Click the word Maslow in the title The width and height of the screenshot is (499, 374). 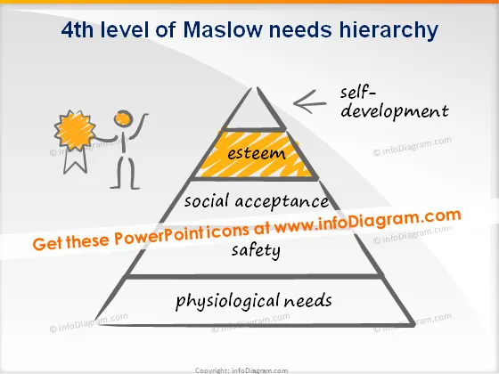click(223, 29)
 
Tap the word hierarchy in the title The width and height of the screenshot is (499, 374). click(389, 31)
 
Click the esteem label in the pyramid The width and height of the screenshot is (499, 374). click(257, 153)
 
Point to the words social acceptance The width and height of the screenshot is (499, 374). click(257, 201)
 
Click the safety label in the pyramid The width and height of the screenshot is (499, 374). click(257, 251)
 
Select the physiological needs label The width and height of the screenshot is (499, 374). click(254, 302)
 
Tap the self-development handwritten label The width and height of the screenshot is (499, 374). click(394, 102)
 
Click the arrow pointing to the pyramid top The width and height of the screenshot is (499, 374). click(310, 102)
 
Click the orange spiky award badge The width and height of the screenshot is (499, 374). click(75, 130)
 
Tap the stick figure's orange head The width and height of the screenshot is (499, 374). click(123, 118)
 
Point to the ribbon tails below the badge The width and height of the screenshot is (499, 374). click(76, 160)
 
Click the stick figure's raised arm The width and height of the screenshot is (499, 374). click(139, 127)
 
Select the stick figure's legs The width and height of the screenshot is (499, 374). click(125, 173)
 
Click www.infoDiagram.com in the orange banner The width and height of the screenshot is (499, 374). click(367, 221)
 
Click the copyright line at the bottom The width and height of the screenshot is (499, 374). click(241, 370)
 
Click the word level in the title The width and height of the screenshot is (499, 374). click(125, 29)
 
